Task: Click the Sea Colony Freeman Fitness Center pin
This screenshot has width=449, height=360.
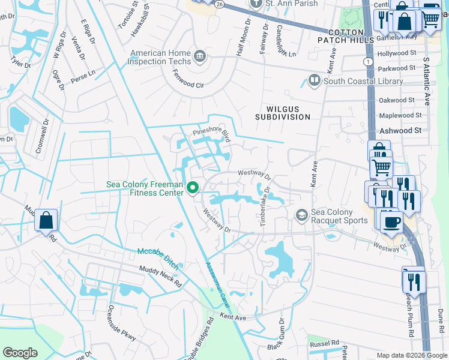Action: coord(193,188)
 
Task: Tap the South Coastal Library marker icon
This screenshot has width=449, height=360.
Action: coord(314,80)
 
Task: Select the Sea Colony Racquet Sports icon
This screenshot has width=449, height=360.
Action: coord(301,215)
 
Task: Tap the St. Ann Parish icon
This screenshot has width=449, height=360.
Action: coord(256,3)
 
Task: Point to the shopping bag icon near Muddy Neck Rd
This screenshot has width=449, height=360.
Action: coord(46,220)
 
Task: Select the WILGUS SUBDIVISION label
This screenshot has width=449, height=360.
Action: coord(282,113)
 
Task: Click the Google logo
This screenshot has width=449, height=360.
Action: coord(20,352)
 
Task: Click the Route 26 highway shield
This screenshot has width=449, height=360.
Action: coord(220,4)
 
